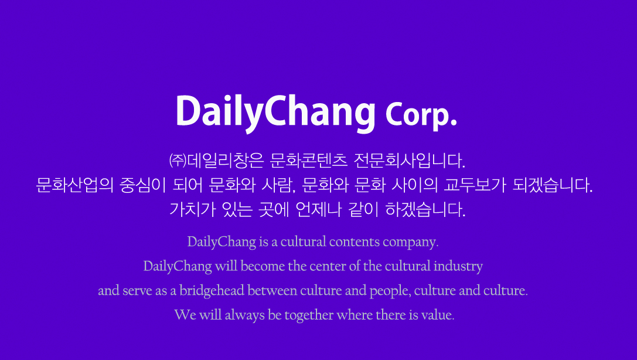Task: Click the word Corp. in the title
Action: pos(421,116)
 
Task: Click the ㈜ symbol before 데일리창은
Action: pos(178,161)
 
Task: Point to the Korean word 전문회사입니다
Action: pos(410,161)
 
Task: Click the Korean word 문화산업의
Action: pos(75,185)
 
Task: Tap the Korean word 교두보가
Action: pos(475,185)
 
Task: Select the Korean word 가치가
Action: pos(193,209)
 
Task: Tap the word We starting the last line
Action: pos(185,315)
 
